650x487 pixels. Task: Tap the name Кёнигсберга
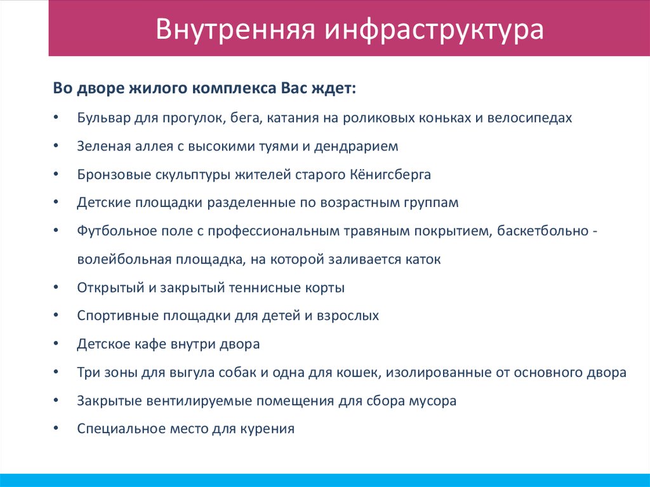390,175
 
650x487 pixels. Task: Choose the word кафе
150,344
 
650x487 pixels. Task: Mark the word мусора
435,401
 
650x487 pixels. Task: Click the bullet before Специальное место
56,429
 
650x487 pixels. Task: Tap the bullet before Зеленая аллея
56,146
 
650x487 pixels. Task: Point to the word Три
88,373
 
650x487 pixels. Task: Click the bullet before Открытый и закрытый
56,288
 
